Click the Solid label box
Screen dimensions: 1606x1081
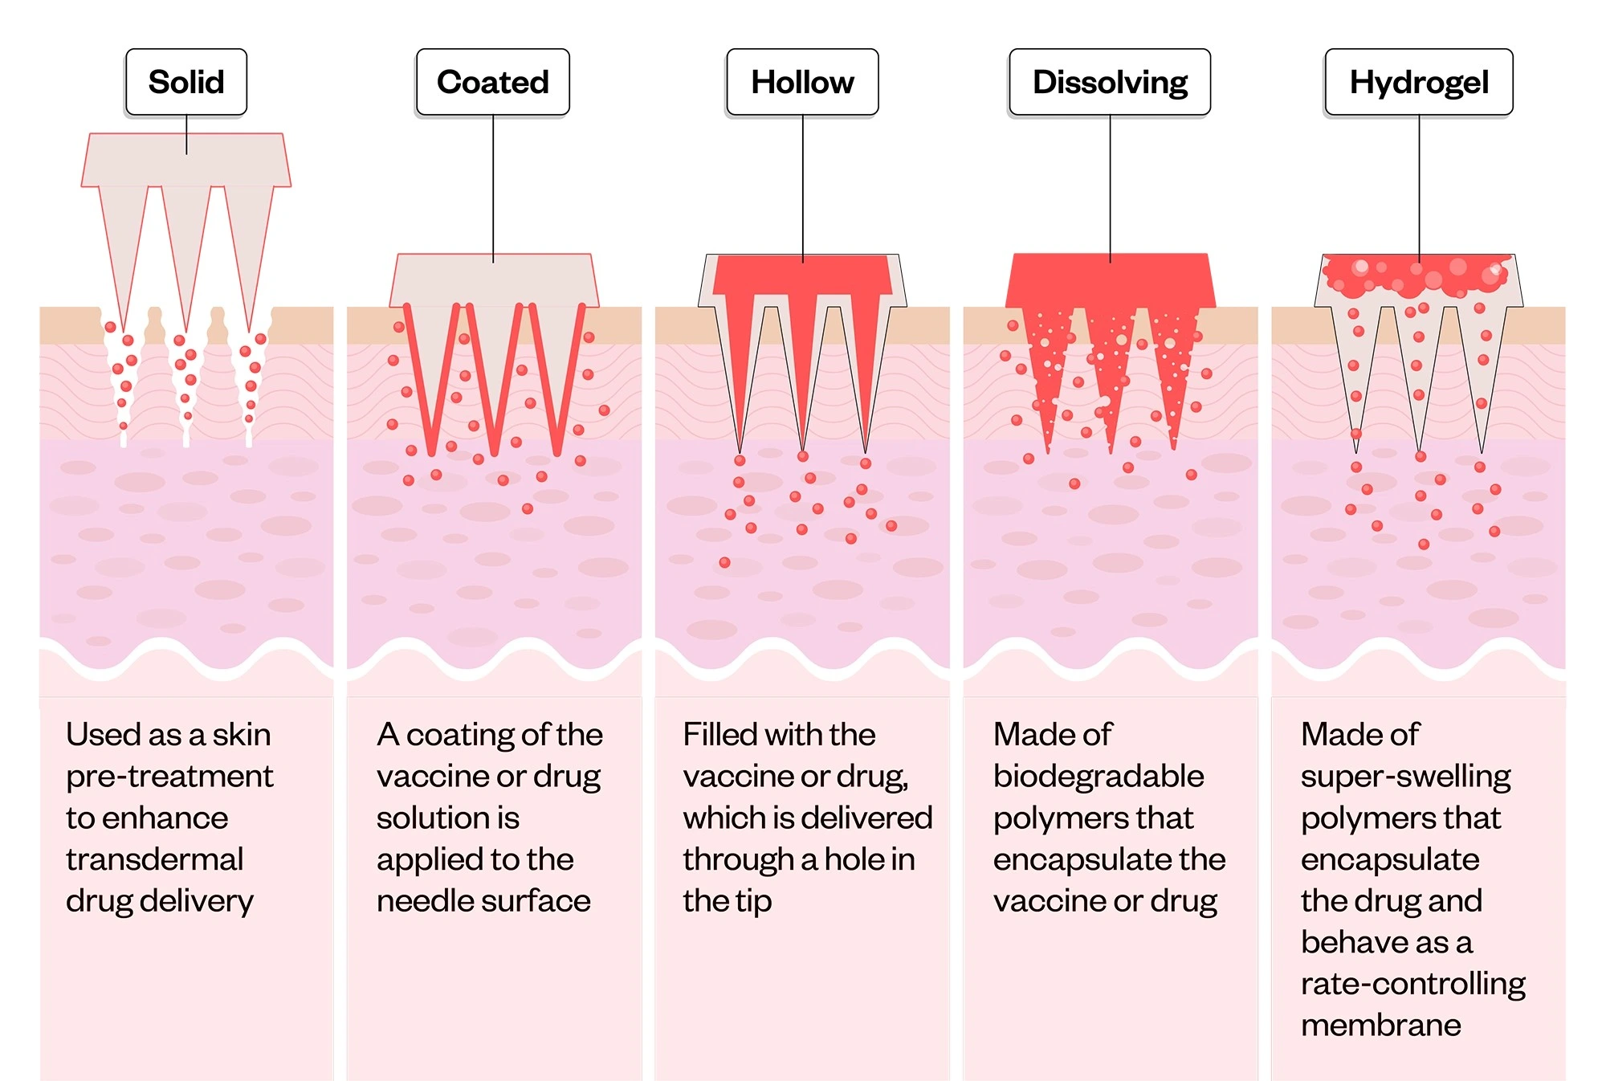[x=186, y=82]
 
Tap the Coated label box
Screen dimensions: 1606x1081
[x=493, y=82]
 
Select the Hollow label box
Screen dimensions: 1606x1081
[x=802, y=82]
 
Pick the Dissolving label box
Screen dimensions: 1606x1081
[x=1110, y=82]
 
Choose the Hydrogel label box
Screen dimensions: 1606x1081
[x=1419, y=82]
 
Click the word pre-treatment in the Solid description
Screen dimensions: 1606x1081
[x=169, y=777]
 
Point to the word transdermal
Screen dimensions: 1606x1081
[x=154, y=859]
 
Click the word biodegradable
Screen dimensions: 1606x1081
[x=1099, y=777]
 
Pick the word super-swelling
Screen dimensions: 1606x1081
[x=1406, y=777]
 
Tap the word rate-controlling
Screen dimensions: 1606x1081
[x=1413, y=984]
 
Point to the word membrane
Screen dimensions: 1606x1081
[x=1381, y=1026]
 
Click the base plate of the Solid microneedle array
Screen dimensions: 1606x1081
[x=186, y=160]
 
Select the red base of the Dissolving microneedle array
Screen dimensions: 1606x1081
[x=1111, y=279]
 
